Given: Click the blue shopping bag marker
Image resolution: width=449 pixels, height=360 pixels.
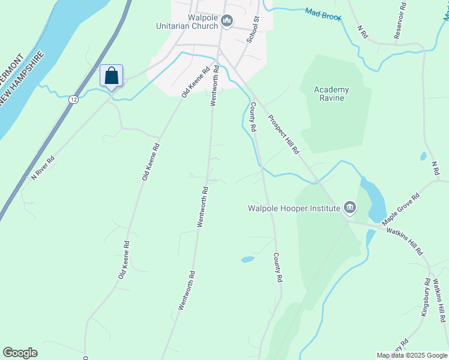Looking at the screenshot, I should pyautogui.click(x=111, y=76).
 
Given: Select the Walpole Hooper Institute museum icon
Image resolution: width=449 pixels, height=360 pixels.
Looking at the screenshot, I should pyautogui.click(x=350, y=208).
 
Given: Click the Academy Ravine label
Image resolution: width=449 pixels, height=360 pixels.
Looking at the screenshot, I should pyautogui.click(x=331, y=94).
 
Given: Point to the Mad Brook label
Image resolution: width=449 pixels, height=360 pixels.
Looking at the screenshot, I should pyautogui.click(x=323, y=14).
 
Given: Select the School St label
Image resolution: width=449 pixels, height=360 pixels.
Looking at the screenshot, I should pyautogui.click(x=253, y=29).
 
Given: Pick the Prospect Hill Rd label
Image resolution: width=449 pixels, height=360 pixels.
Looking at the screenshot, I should pyautogui.click(x=283, y=134).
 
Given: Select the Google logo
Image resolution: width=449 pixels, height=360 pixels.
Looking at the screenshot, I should pyautogui.click(x=20, y=353).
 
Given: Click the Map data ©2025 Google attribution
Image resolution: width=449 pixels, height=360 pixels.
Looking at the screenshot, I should pyautogui.click(x=412, y=355).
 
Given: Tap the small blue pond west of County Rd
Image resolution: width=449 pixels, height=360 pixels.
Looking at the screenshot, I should pyautogui.click(x=247, y=260).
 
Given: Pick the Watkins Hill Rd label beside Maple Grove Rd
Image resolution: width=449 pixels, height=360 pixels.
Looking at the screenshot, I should pyautogui.click(x=405, y=240).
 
